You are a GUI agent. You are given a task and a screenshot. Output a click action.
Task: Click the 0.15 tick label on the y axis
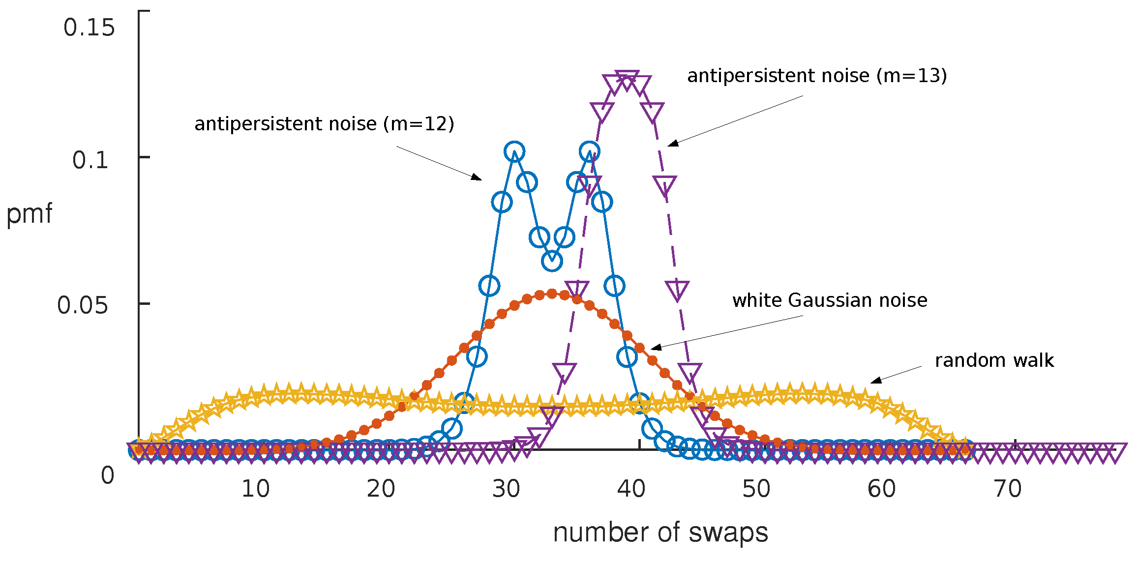[89, 28]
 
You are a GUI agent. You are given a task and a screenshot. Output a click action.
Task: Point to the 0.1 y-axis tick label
[90, 160]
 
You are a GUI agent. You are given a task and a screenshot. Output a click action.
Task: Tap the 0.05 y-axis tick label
[83, 305]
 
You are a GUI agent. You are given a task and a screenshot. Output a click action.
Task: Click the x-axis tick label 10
[255, 489]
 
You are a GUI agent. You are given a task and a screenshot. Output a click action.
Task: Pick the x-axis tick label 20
[381, 489]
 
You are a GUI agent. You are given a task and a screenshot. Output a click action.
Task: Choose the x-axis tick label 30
[506, 489]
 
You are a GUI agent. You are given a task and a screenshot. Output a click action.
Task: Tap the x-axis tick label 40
[631, 489]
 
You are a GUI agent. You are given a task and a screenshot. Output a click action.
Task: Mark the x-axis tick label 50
[756, 489]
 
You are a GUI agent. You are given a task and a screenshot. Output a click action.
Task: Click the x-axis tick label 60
[882, 489]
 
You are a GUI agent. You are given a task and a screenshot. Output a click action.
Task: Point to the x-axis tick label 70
[1007, 489]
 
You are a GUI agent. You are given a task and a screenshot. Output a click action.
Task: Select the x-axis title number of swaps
[660, 533]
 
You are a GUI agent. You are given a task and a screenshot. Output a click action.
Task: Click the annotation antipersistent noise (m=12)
[324, 124]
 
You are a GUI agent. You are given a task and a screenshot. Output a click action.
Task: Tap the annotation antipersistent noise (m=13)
[816, 76]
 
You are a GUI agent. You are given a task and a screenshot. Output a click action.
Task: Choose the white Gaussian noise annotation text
[830, 300]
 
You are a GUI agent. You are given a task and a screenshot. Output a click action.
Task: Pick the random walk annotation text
[994, 360]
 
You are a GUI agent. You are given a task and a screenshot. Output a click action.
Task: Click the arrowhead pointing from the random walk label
[874, 381]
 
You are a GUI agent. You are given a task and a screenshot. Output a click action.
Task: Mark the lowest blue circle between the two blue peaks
[552, 261]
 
